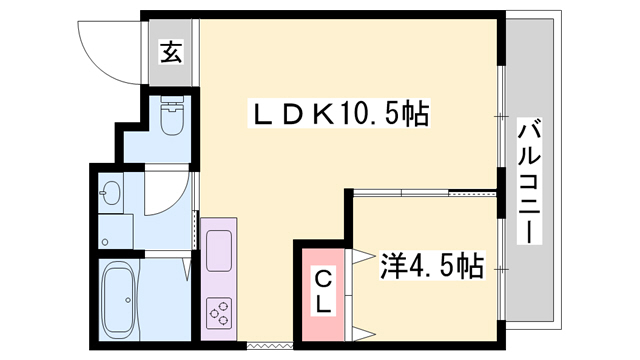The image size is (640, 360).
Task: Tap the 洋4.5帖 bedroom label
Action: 431,265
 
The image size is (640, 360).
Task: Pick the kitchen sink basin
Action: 219,245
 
